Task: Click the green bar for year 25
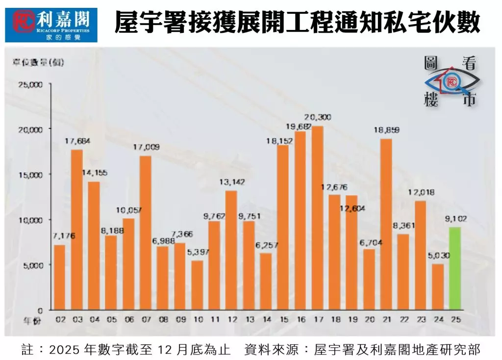[454, 268]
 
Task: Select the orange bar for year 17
[317, 218]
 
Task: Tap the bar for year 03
[77, 230]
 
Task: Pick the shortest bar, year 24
[437, 287]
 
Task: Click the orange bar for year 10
[197, 285]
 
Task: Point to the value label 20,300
[318, 117]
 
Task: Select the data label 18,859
[386, 130]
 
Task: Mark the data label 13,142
[231, 182]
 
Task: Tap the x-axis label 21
[386, 319]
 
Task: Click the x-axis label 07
[146, 319]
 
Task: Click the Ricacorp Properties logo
[51, 24]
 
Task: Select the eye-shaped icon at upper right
[451, 81]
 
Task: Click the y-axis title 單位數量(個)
[38, 62]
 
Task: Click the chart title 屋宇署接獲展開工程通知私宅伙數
[297, 23]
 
